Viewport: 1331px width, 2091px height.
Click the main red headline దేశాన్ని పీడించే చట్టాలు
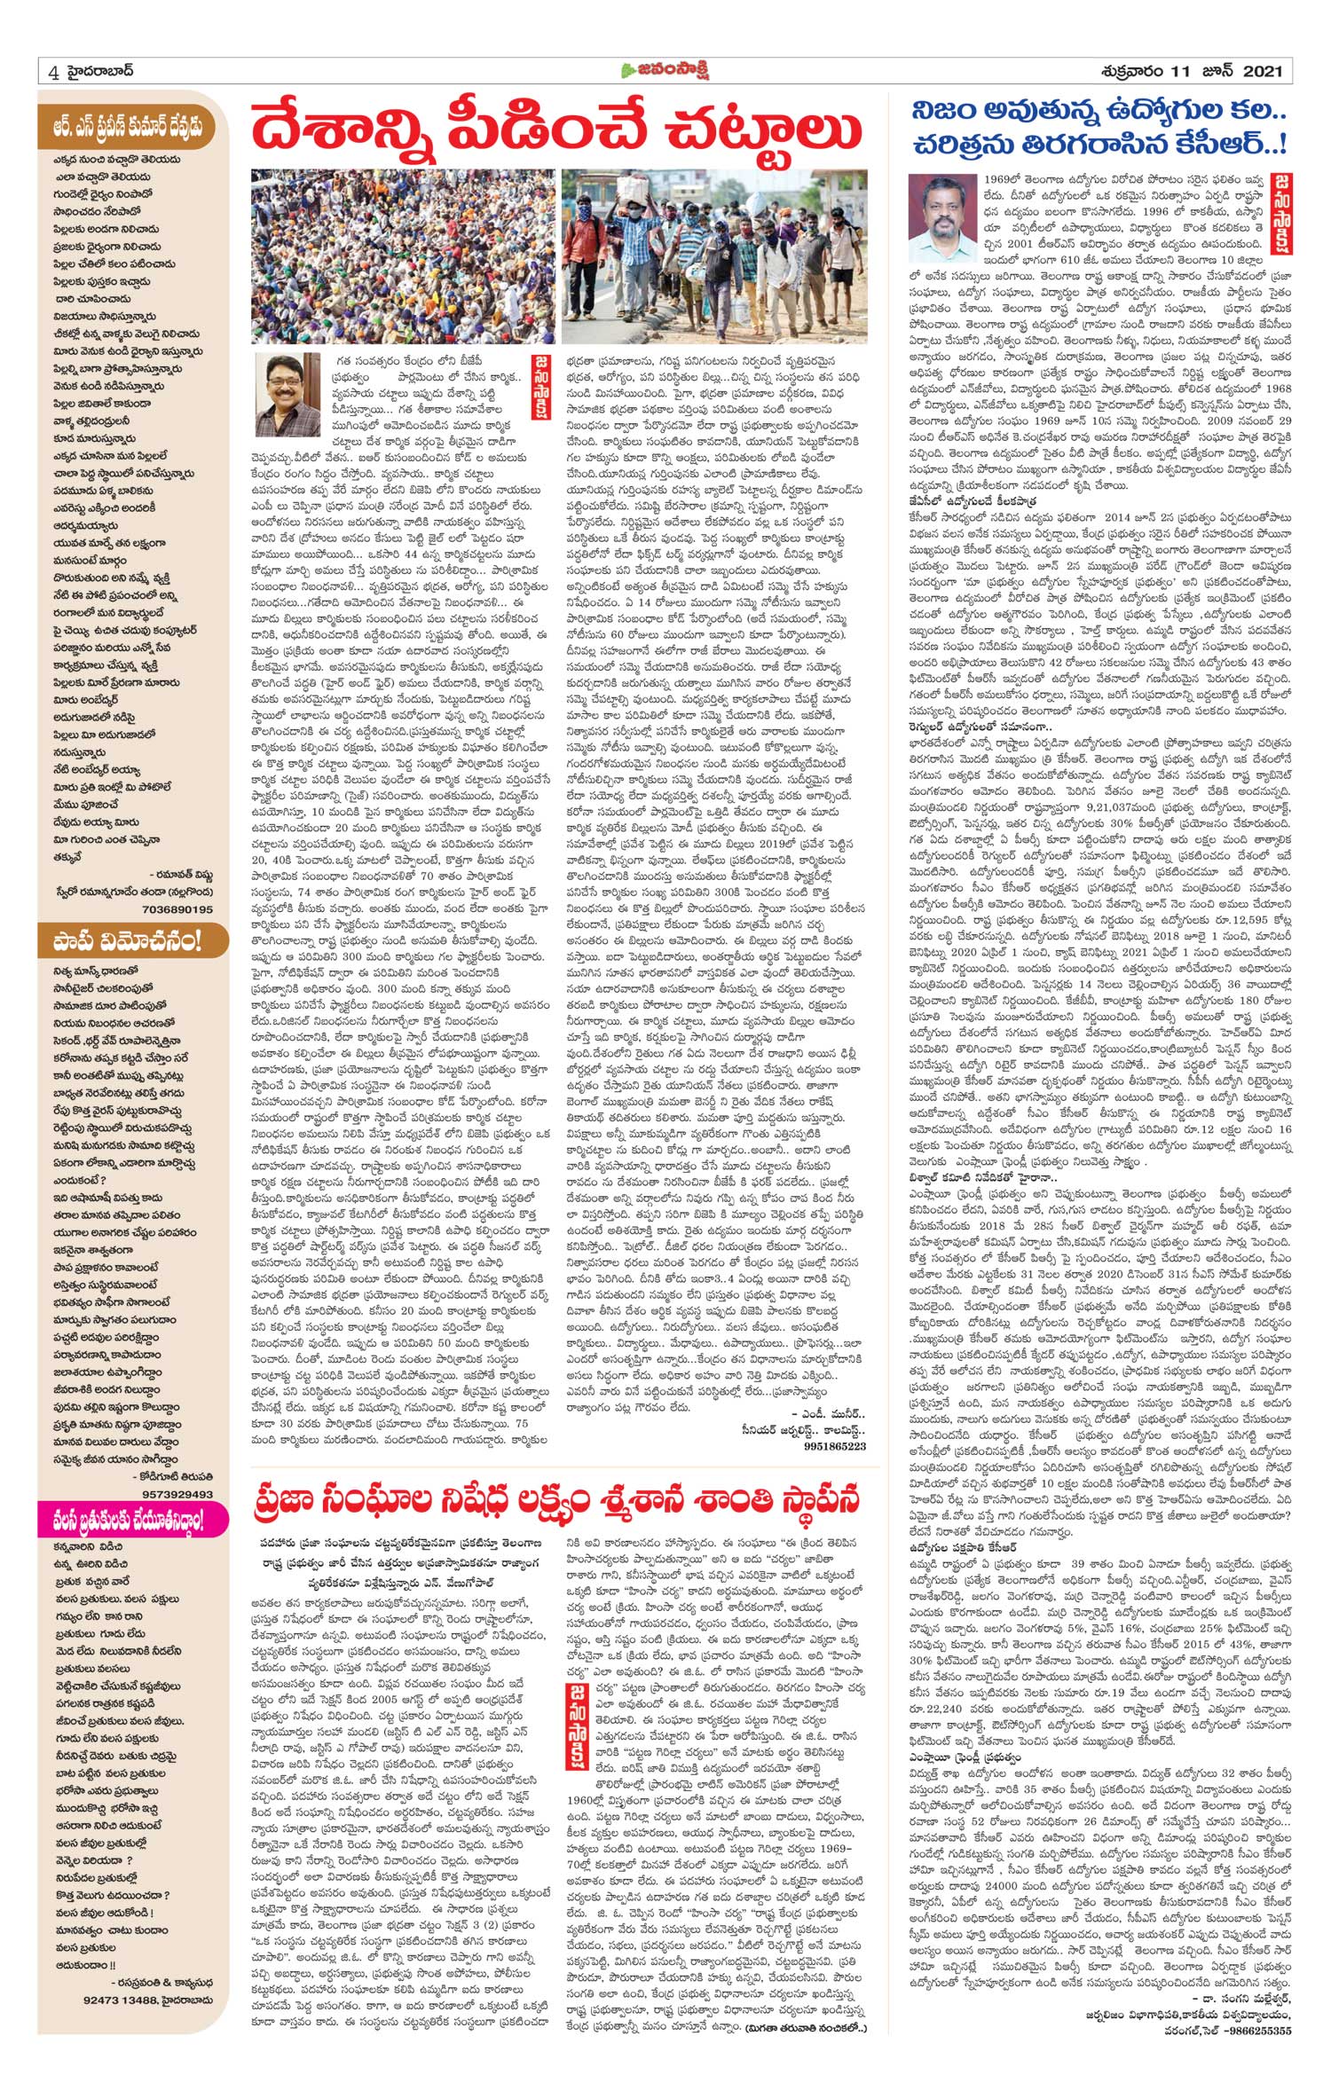coord(555,128)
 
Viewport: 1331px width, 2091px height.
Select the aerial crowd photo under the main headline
coord(404,255)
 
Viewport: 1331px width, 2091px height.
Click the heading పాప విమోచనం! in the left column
coord(125,939)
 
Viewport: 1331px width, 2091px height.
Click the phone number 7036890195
coord(177,908)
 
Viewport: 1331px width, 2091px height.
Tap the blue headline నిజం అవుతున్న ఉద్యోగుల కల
coord(1100,111)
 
